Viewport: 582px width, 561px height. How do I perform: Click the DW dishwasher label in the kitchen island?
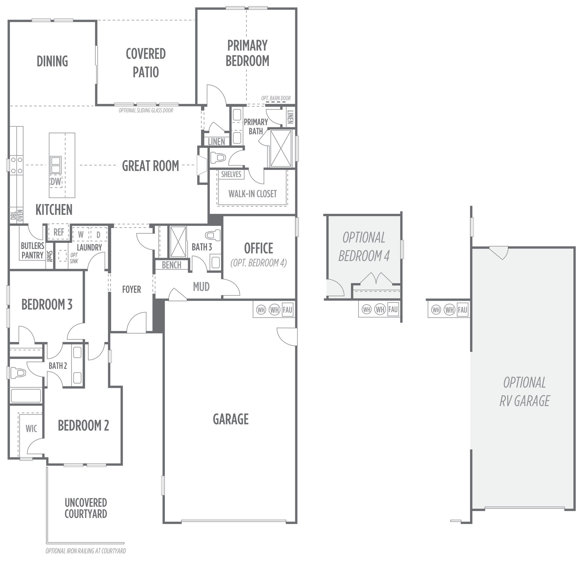(x=56, y=181)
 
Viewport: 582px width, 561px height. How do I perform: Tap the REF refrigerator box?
(x=59, y=232)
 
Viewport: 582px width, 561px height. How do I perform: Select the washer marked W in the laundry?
(x=81, y=234)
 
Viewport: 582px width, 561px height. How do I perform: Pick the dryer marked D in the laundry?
(x=99, y=234)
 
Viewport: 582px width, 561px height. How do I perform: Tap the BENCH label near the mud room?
(x=172, y=265)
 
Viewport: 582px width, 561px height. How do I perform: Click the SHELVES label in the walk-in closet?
(x=231, y=174)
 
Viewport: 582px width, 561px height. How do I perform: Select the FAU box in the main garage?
(x=287, y=310)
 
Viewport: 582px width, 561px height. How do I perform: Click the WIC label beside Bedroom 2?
(x=32, y=428)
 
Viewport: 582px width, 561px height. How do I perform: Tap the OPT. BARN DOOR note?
(x=276, y=98)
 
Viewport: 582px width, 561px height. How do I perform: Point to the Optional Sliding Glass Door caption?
(x=146, y=110)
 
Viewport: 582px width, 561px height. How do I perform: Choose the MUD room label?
(x=201, y=287)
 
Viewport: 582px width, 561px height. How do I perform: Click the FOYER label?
(x=132, y=289)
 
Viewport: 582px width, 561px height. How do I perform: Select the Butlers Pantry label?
(x=32, y=250)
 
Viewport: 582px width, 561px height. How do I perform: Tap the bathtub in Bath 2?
(x=26, y=395)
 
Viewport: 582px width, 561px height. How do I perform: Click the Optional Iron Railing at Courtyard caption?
(x=86, y=551)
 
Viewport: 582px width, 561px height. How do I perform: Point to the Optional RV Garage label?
(x=524, y=391)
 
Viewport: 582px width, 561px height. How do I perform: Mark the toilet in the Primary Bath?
(x=218, y=157)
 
